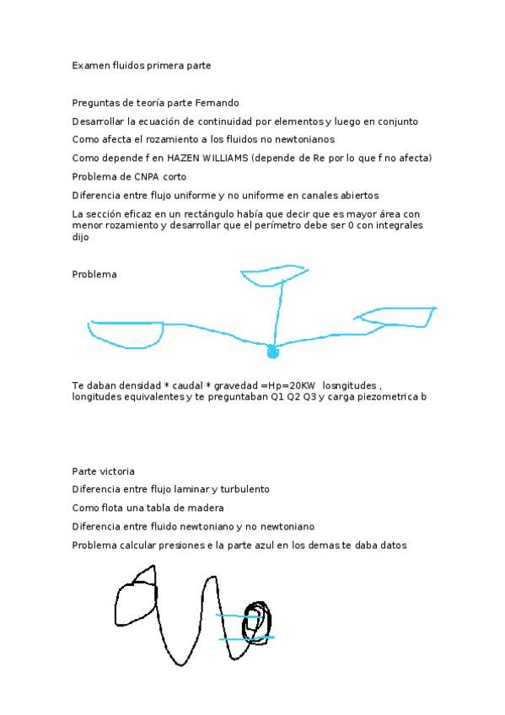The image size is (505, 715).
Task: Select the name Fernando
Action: coord(217,103)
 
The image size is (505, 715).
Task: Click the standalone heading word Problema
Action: coord(94,274)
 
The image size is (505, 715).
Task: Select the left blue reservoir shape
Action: coord(126,334)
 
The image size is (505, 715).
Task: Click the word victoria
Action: coord(116,471)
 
